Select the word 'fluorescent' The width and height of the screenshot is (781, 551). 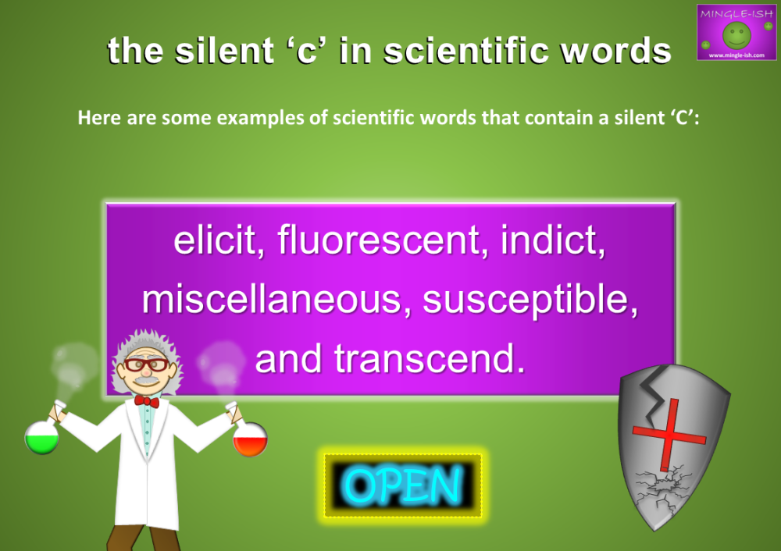(379, 242)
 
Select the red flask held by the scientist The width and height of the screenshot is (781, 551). (251, 440)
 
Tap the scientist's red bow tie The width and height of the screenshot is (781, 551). (146, 401)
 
